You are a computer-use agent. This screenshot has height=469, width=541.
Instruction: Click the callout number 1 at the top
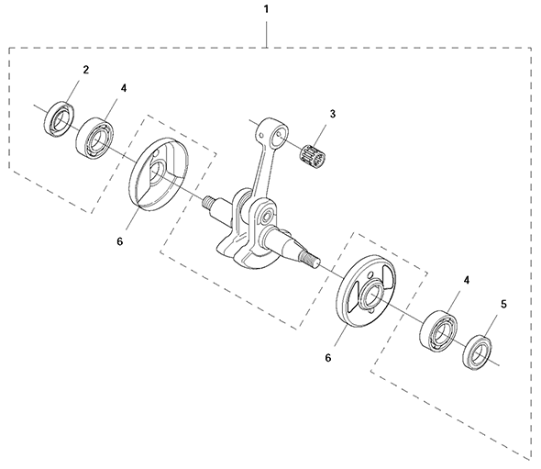266,9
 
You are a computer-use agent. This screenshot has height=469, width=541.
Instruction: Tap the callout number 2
86,70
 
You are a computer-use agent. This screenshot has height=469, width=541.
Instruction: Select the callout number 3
332,114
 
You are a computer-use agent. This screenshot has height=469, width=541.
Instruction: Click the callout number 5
503,305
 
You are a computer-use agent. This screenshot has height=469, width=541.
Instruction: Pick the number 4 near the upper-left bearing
124,88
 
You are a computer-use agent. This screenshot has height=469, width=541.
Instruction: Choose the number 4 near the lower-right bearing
467,280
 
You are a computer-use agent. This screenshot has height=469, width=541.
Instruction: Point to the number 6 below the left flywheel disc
120,241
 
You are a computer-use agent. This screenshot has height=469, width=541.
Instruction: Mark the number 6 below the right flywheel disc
328,358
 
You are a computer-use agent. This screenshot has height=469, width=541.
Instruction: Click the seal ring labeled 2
60,118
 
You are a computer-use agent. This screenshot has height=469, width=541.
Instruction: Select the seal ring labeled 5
479,352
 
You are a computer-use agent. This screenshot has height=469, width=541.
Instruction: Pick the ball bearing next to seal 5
438,329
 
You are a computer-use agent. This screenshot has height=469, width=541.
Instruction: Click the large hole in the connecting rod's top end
279,137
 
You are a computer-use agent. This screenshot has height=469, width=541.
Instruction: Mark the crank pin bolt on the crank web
266,218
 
